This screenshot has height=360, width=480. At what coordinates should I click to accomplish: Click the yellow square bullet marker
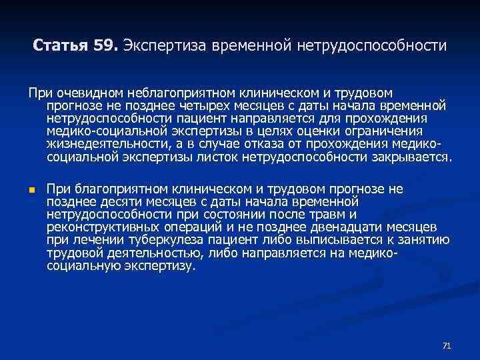click(31, 190)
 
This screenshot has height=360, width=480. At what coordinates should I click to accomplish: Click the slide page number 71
click(447, 345)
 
